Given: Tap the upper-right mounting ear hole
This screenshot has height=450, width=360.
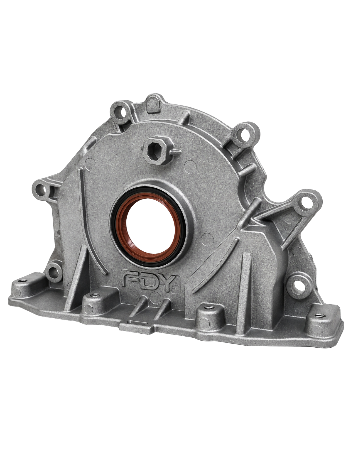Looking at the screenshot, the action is [243, 135].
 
